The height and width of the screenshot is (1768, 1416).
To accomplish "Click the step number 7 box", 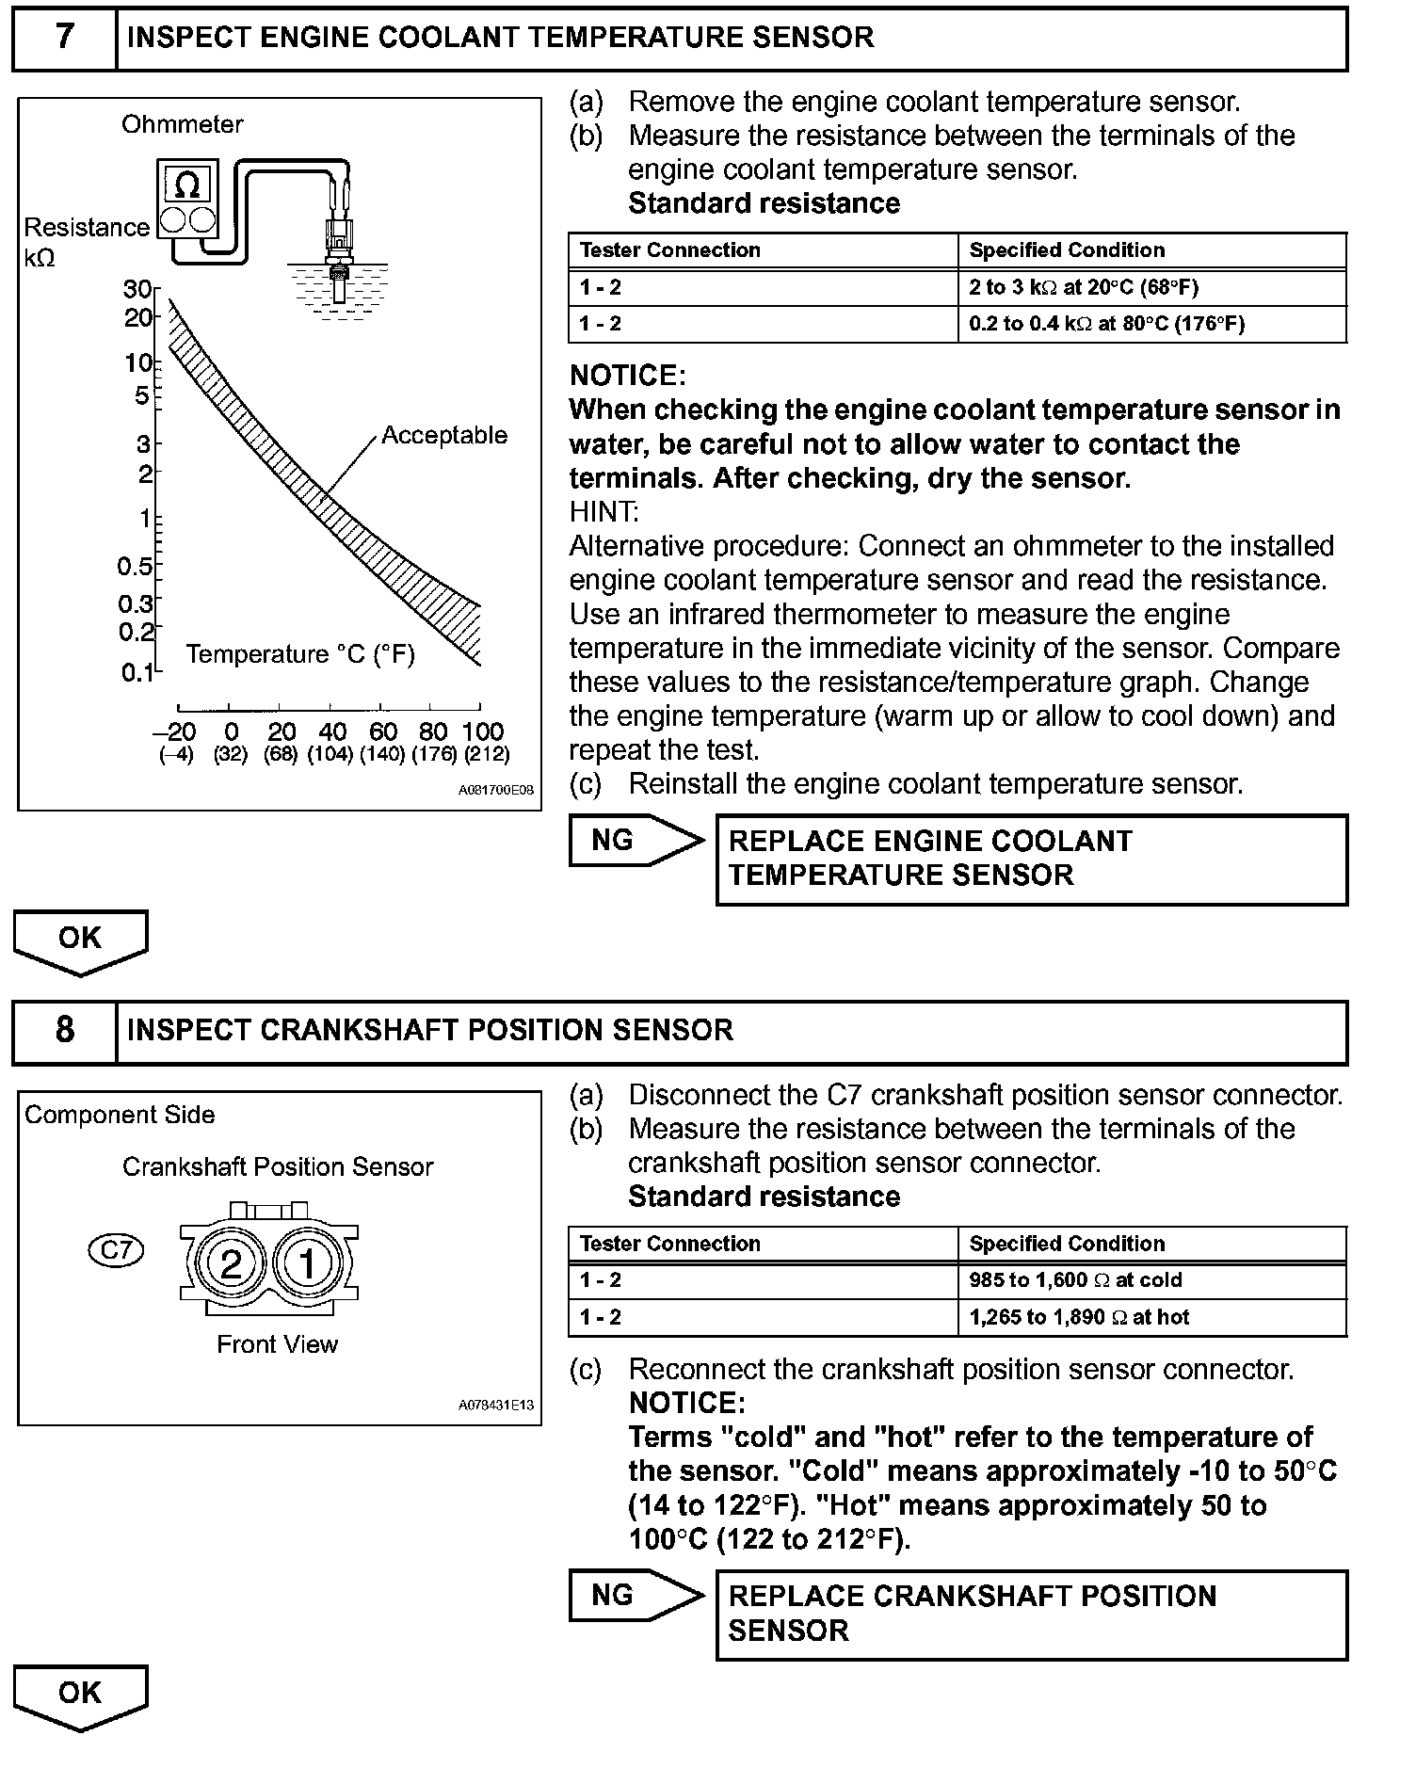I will (x=64, y=38).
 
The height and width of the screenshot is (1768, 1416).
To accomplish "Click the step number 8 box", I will (x=64, y=1030).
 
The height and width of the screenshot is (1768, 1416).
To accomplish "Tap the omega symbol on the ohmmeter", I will (x=187, y=185).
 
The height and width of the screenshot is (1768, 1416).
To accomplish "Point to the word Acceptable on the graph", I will (x=444, y=436).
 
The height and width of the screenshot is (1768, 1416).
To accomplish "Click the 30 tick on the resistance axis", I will (x=137, y=289).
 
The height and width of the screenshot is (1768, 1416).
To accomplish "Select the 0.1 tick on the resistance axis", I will (x=137, y=673).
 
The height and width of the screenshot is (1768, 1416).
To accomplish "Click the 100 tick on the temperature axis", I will (x=482, y=731).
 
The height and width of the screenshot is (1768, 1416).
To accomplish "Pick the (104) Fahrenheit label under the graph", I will (x=330, y=754).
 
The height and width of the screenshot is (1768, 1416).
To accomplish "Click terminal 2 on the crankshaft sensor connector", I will (x=232, y=1263).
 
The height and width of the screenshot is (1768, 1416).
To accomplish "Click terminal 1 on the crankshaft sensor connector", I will (x=307, y=1263).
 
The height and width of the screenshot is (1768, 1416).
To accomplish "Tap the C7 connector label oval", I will (x=116, y=1250).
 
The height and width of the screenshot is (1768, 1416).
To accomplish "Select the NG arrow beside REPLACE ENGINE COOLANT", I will (x=634, y=840).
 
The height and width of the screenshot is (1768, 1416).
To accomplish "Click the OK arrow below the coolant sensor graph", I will (x=80, y=940).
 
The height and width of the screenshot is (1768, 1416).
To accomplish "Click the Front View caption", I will (x=277, y=1344).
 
